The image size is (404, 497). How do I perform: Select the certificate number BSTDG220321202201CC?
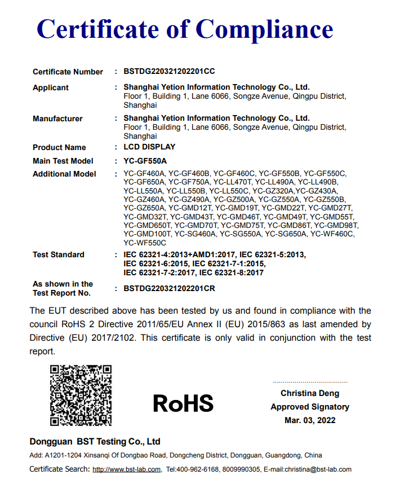pos(169,72)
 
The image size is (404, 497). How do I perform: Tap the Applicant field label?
pos(51,88)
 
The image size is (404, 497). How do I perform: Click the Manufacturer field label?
pos(57,119)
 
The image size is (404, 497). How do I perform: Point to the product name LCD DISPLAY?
pos(149,147)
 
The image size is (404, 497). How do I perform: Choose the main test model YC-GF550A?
pos(145,161)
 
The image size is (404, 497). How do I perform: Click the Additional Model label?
pos(64,174)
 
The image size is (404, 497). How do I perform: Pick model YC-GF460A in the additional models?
pos(144,174)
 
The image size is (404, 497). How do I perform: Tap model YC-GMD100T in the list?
pos(147,234)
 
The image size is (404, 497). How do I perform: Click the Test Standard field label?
pos(59,255)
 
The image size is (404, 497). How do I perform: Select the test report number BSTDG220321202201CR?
pos(169,288)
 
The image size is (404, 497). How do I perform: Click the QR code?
pos(81,395)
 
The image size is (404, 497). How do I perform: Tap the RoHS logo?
pos(183,403)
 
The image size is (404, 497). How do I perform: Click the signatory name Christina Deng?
pos(310,393)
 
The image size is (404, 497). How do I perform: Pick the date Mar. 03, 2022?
pos(310,420)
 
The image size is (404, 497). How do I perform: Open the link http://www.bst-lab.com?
pos(127,469)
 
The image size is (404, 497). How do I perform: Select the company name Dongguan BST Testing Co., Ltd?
pos(95,442)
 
